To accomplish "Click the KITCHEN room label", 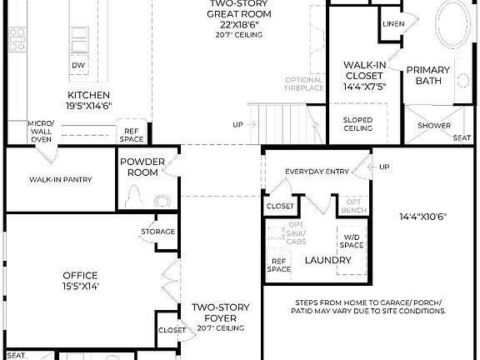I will [88, 95].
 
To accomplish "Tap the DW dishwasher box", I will [77, 64].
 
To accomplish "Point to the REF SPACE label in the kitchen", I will [132, 135].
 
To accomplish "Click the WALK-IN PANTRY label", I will [60, 179].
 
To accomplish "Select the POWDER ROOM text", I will [142, 167].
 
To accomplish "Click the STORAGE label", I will [157, 231].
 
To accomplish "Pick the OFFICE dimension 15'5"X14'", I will [80, 287].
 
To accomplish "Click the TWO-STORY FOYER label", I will [221, 312].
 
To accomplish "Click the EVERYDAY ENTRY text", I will [317, 172].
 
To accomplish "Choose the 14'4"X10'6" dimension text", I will [423, 217].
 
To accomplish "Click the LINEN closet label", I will [394, 24].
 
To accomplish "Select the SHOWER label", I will [434, 125].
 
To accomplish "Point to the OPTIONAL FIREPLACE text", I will [303, 83].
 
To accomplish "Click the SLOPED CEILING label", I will [357, 123].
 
